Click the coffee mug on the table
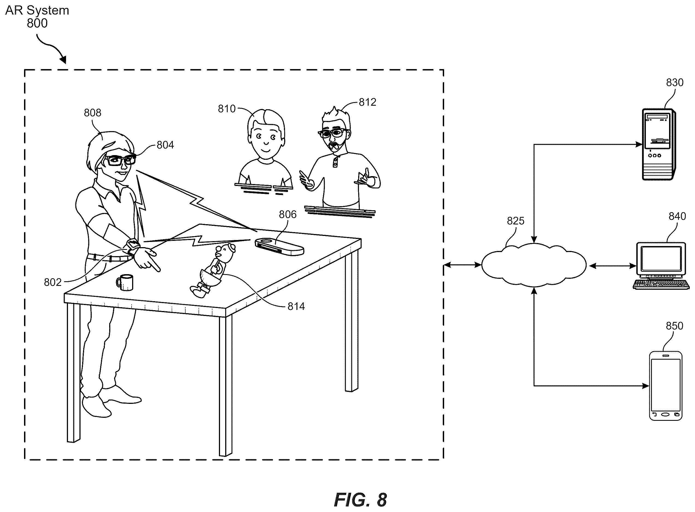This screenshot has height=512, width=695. click(125, 282)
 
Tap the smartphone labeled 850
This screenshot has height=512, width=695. click(666, 386)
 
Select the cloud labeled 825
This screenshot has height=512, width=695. click(534, 265)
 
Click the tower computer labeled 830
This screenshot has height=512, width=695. click(658, 144)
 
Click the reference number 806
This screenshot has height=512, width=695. click(287, 214)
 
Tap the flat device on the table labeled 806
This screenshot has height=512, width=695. click(279, 246)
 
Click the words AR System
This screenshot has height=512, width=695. click(37, 11)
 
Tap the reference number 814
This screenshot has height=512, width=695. click(296, 307)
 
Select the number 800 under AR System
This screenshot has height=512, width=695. click(37, 23)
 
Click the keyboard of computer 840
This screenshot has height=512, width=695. click(661, 284)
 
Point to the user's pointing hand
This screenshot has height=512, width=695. click(147, 259)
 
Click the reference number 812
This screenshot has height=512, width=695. click(367, 102)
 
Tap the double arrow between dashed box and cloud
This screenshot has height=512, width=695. click(462, 265)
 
